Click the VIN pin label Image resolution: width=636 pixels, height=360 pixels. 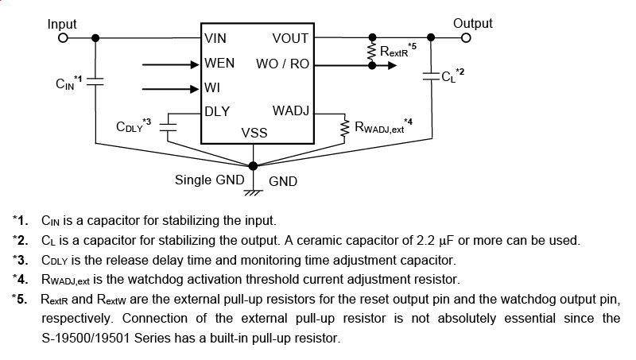[215, 38]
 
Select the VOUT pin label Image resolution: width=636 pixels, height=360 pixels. [290, 38]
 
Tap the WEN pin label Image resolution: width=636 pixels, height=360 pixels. [219, 63]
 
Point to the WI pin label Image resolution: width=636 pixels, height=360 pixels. [212, 87]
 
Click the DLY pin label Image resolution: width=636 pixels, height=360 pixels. [217, 111]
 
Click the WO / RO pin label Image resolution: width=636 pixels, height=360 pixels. [282, 64]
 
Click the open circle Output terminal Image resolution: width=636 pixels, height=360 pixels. [467, 37]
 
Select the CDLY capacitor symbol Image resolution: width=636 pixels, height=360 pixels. [169, 126]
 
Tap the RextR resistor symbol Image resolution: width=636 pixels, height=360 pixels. [370, 52]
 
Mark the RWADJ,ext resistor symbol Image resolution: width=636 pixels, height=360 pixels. [345, 127]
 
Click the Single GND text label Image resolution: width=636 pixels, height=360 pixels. [209, 180]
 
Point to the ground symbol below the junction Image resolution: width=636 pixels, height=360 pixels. [254, 191]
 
